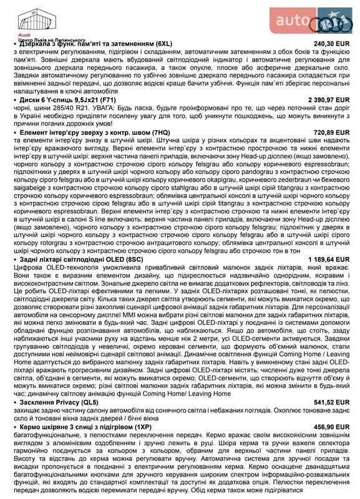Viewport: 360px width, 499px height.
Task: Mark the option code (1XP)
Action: click(137, 427)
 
